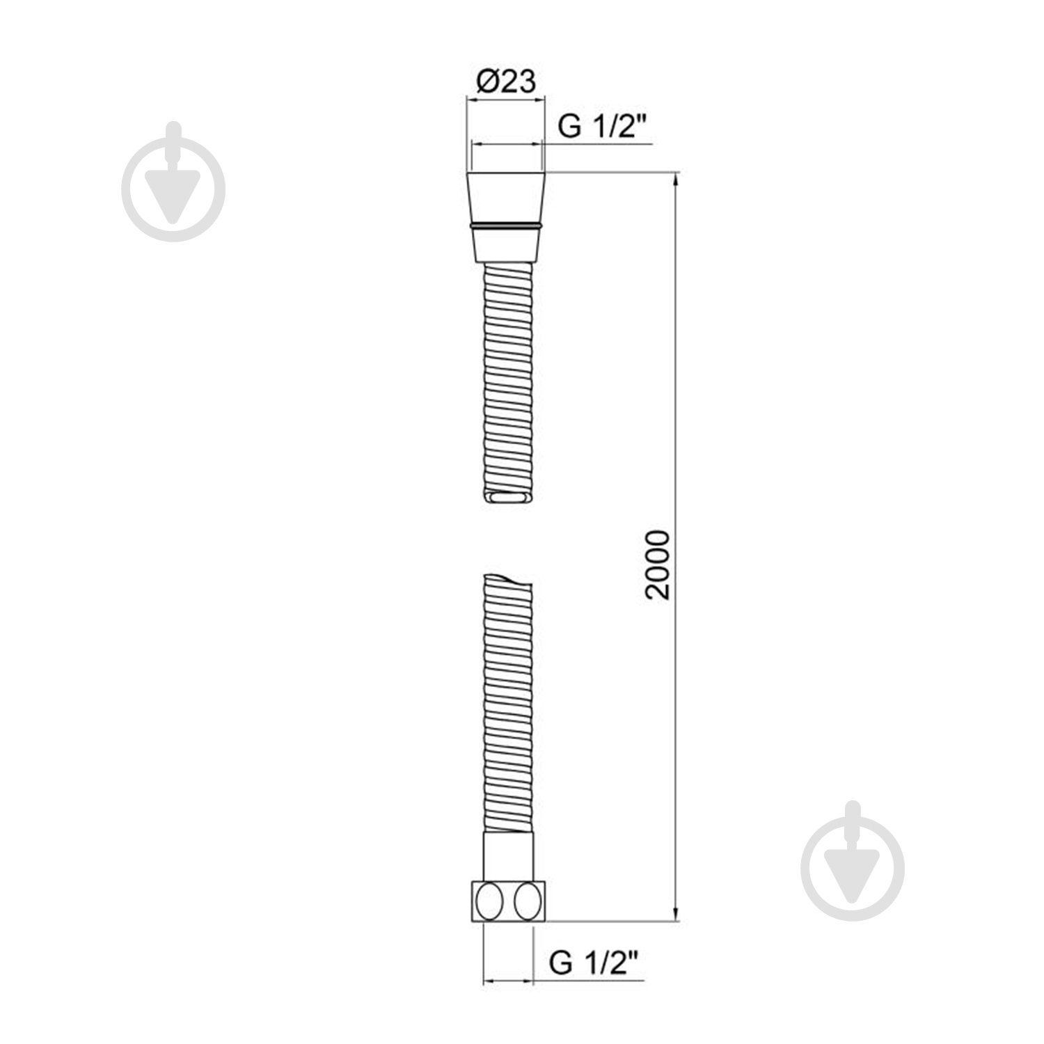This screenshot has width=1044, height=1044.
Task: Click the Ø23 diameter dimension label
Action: (506, 81)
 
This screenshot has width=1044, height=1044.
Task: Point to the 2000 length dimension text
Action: (658, 564)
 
